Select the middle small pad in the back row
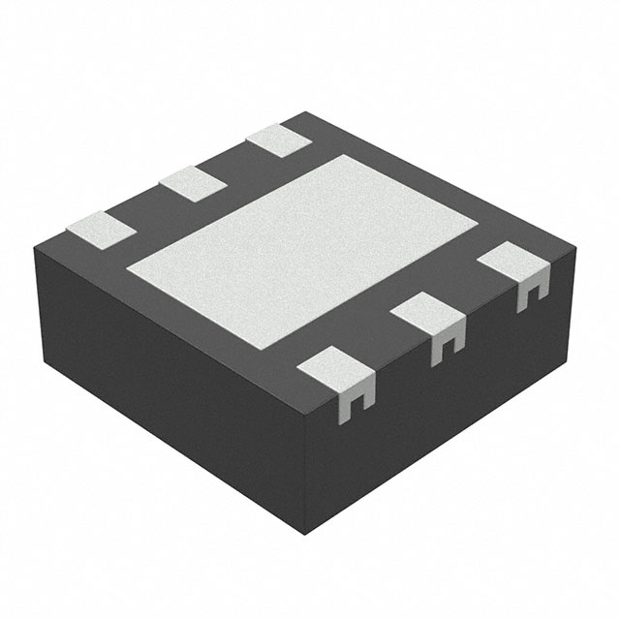(192, 182)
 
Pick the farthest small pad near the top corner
(279, 140)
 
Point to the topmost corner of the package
(308, 111)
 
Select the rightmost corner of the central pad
(479, 229)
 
